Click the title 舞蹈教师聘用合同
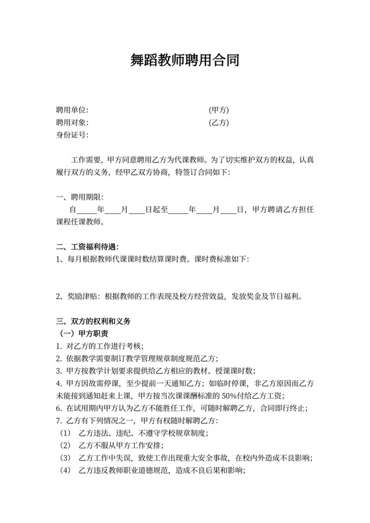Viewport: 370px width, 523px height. click(185, 61)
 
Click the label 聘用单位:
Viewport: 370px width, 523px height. click(72, 110)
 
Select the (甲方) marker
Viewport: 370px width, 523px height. click(218, 110)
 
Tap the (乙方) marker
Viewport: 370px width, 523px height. click(218, 122)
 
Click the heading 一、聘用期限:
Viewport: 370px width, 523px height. click(80, 197)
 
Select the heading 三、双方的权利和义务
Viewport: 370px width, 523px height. click(93, 321)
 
